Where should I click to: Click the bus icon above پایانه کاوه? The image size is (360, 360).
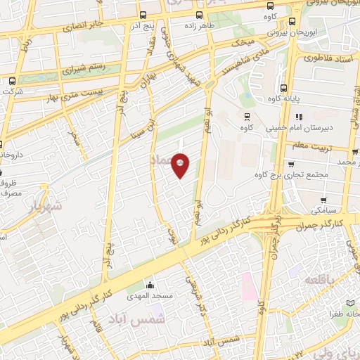283,89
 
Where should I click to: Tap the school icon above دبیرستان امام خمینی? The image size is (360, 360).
299,117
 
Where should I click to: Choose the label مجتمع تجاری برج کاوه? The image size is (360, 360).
304,175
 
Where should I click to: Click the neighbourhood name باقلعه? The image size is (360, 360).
321,280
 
